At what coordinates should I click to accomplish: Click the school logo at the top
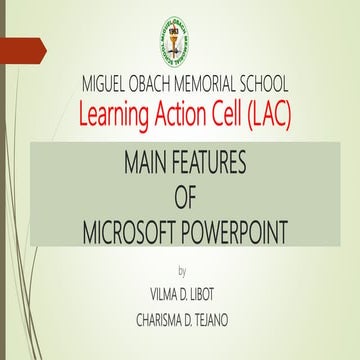(x=181, y=38)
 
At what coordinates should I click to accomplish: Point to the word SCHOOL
(x=285, y=83)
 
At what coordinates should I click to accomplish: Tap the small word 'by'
(x=181, y=271)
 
